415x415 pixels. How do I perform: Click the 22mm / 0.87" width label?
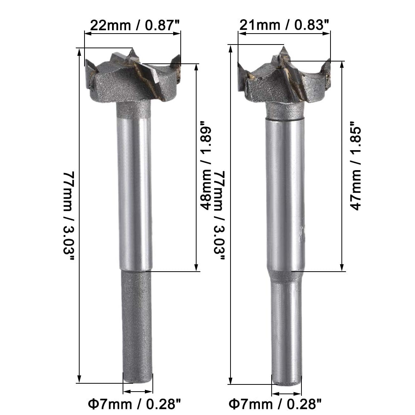(135, 25)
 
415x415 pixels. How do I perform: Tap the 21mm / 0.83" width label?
(284, 25)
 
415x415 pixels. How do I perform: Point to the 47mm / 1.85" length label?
(356, 166)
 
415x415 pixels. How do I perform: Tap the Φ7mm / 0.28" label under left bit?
(134, 404)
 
